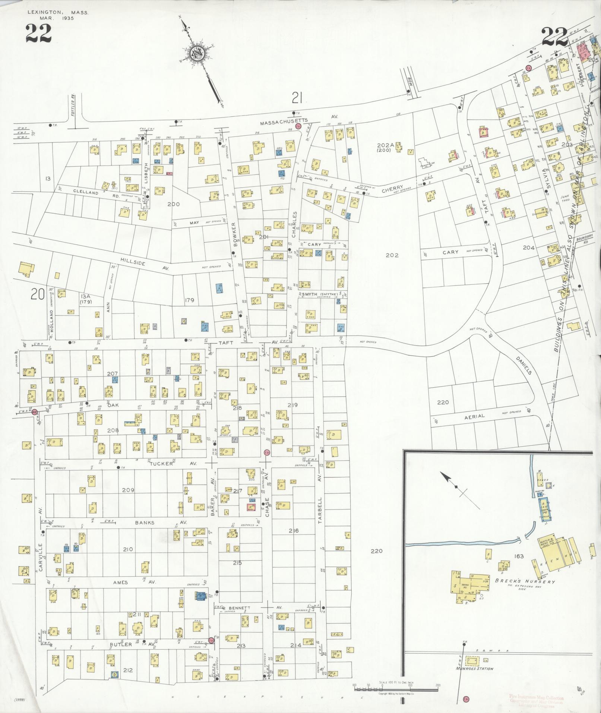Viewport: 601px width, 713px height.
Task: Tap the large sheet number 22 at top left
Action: coord(38,33)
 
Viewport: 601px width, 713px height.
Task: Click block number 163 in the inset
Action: coord(519,556)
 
